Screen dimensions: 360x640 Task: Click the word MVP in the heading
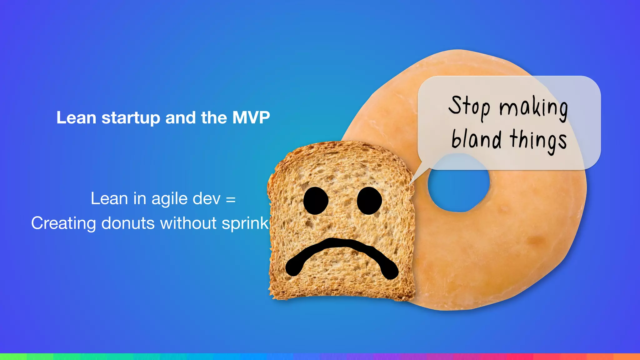coord(251,118)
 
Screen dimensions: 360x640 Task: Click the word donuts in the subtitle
coord(128,223)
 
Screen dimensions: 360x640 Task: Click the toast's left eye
coord(316,201)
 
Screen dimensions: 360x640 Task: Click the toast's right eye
coord(369,201)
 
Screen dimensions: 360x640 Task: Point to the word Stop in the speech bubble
coord(469,106)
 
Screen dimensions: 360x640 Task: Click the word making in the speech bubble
coord(533,108)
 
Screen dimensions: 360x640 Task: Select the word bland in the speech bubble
coord(476,139)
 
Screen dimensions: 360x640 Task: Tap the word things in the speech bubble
coord(538,141)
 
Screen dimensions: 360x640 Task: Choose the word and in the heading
coord(181,118)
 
